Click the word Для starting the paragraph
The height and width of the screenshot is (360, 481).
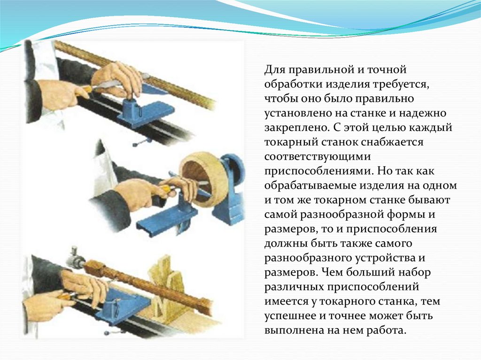coord(275,70)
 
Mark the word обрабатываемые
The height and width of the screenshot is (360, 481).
coord(310,186)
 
